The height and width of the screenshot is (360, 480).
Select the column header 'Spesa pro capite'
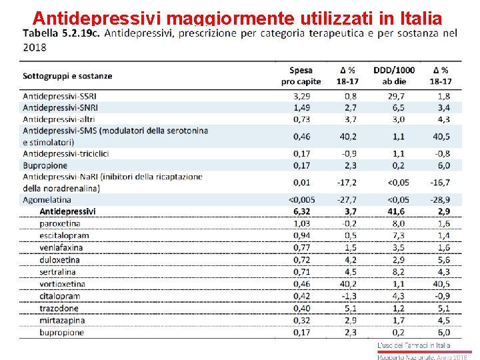pos(301,75)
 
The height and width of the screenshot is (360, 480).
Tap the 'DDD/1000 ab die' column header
pos(393,75)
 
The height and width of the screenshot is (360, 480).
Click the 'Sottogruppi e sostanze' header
pos(67,76)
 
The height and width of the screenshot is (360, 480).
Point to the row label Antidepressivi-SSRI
pos(59,96)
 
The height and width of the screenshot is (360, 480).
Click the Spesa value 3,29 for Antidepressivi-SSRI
pos(301,96)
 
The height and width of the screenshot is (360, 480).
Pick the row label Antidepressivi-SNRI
pos(60,107)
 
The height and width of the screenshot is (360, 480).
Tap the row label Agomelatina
pos(47,199)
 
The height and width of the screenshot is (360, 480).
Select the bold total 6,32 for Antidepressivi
pos(301,211)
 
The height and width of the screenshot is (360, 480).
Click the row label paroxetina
pos(60,223)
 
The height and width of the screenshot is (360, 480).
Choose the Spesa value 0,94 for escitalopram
pos(301,235)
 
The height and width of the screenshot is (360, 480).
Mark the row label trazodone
pos(60,308)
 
